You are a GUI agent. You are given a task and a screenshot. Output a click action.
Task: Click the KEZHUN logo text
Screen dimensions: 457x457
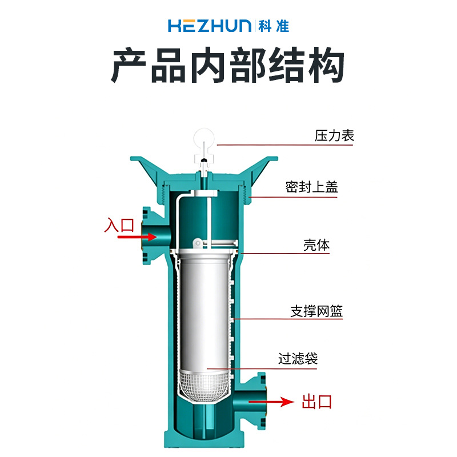(210, 26)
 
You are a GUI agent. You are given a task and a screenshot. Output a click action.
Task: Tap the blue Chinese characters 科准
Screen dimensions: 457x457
(274, 26)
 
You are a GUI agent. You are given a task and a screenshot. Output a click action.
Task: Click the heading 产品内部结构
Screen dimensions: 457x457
(227, 65)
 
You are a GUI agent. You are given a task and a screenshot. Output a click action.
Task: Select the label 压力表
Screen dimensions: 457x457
(334, 135)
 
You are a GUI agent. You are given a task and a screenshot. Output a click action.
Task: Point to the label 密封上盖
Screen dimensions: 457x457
(311, 187)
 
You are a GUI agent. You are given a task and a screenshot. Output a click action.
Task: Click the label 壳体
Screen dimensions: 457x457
(316, 245)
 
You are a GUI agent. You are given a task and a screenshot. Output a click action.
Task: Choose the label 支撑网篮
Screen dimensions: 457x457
(316, 311)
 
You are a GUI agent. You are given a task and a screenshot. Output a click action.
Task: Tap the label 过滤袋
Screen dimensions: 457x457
(298, 359)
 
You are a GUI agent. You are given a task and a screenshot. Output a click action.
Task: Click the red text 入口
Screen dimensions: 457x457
(119, 225)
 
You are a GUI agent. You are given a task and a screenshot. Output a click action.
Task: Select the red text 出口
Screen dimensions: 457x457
(317, 402)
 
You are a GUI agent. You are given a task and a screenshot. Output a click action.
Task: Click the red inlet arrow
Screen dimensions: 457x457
(137, 236)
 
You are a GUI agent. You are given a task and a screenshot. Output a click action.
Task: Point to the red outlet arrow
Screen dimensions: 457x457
(271, 402)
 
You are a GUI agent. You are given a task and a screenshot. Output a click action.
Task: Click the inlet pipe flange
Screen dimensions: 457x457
(147, 236)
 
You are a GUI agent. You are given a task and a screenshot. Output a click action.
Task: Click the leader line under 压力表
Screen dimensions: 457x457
(284, 145)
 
